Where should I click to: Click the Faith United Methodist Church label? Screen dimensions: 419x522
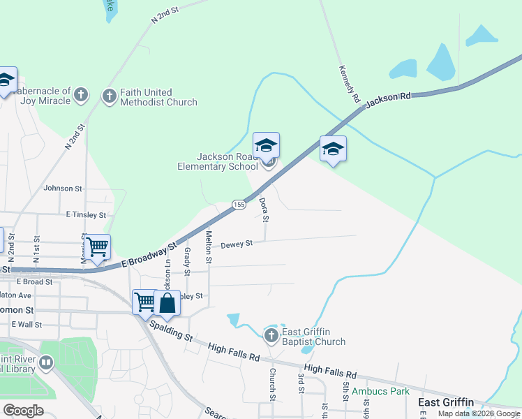[x=158, y=97]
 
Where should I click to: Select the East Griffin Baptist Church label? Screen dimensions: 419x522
[x=313, y=337]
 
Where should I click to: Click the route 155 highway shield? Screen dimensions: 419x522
[x=239, y=205]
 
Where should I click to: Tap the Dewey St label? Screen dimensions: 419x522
[x=237, y=244]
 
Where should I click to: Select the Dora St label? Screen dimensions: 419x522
[x=264, y=209]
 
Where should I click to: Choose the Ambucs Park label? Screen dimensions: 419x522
[x=380, y=391]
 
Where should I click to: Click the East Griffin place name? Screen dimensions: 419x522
[x=445, y=402]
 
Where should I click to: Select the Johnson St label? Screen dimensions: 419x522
[x=63, y=189]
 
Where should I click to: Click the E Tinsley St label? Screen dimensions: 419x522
[x=86, y=215]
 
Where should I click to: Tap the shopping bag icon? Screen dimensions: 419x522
[x=167, y=304]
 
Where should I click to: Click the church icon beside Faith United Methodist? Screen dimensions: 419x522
[x=110, y=96]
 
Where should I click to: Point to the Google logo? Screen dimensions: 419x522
[x=23, y=411]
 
